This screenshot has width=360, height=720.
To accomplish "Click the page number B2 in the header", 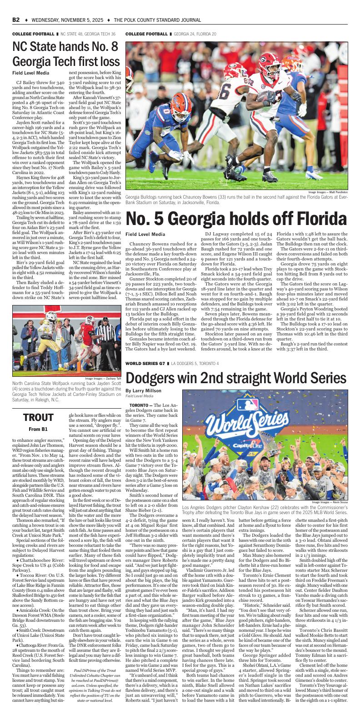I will pyautogui.click(x=16, y=20).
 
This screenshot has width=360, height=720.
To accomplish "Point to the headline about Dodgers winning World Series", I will pyautogui.click(x=236, y=377).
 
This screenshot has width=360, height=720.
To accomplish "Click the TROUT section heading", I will pyautogui.click(x=38, y=417).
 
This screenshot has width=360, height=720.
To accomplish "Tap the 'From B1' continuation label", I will pyautogui.click(x=38, y=429).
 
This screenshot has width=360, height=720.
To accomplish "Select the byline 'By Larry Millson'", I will pyautogui.click(x=143, y=390).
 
